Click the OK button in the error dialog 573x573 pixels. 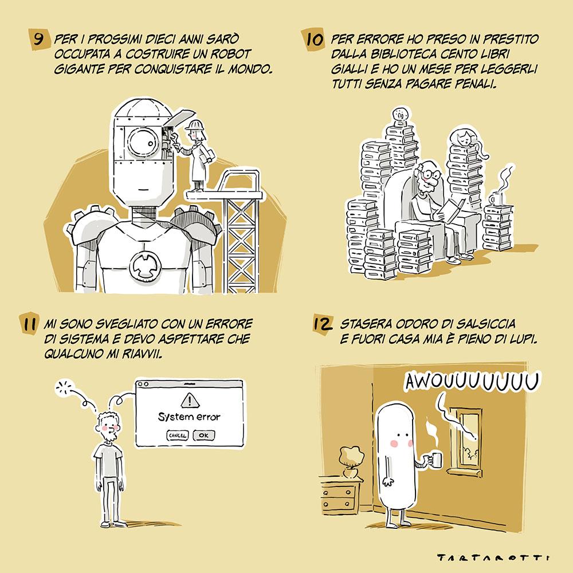coord(203,435)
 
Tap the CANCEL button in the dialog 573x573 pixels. coord(178,435)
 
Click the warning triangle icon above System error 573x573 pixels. coord(190,401)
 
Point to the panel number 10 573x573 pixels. coord(314,39)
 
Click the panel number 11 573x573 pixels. coord(29,324)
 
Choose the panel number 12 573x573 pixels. coord(323,324)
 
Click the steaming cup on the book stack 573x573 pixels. coord(496,199)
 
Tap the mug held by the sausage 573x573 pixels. coord(435,460)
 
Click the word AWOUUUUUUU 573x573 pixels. coord(472,382)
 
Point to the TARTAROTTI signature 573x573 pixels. coord(493,558)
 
